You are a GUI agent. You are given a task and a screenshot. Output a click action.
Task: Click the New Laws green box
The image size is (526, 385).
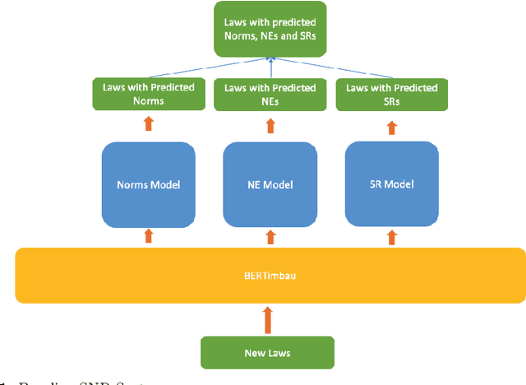point(267,352)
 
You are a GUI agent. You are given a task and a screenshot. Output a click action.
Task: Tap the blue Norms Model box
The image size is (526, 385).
point(148,184)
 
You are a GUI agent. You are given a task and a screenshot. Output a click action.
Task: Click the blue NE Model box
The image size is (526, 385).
point(270,184)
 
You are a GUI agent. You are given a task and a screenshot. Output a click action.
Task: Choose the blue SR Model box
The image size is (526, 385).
point(390,183)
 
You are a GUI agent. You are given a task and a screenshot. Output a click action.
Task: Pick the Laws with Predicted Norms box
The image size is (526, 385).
point(148,95)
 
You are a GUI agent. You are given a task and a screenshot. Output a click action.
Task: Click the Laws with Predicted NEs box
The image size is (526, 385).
point(270,95)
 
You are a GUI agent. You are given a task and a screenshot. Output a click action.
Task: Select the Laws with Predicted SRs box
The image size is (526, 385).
point(391,95)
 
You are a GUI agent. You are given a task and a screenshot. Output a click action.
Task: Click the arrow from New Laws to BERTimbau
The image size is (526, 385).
point(266,319)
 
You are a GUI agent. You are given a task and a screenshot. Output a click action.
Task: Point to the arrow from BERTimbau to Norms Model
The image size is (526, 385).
point(148,236)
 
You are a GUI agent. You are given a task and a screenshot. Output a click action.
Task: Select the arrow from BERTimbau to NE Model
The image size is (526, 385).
point(270,237)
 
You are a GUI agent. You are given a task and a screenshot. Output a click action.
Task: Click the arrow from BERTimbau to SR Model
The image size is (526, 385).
point(390,236)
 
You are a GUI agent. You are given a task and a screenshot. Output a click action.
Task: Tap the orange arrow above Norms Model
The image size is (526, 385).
point(148,123)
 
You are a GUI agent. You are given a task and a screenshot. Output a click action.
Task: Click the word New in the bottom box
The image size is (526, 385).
point(255,352)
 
